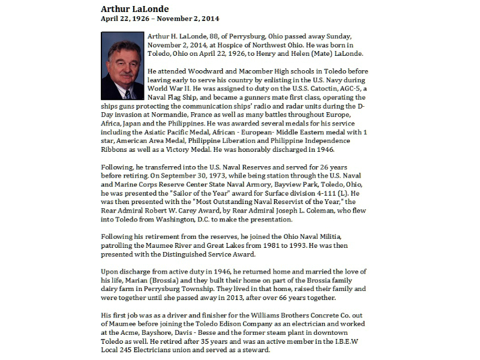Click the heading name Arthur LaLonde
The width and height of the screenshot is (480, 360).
[134, 9]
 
